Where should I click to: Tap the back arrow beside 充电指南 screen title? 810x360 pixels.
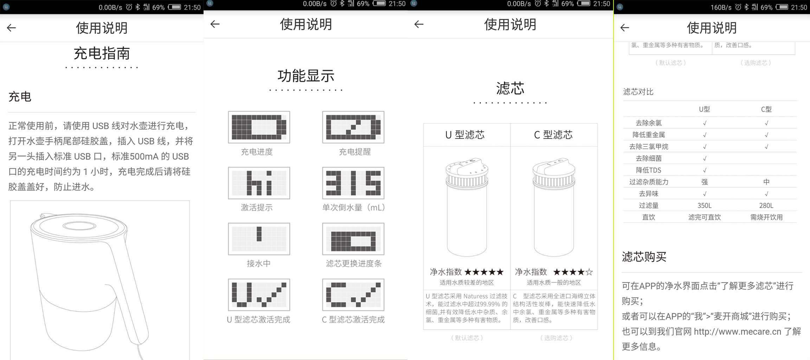tap(11, 28)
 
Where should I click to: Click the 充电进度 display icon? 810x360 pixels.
tap(259, 127)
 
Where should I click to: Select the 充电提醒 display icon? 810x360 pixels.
tap(353, 127)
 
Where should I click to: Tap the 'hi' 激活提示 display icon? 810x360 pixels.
tap(259, 183)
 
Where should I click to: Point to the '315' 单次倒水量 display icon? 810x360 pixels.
tap(353, 183)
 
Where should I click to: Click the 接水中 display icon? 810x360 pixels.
tap(259, 239)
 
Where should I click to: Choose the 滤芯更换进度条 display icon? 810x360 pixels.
tap(353, 239)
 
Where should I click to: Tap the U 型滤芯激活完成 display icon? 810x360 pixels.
tap(259, 295)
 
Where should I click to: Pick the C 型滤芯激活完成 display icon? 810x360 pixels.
tap(353, 295)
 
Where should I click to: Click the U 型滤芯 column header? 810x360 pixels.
tap(465, 135)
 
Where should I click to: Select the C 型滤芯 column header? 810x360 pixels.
tap(553, 135)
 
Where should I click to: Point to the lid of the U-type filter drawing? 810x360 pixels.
tap(467, 167)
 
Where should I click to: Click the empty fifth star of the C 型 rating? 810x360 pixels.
tap(590, 272)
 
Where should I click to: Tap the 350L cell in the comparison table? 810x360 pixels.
tap(705, 206)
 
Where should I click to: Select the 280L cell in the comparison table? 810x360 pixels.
tap(766, 206)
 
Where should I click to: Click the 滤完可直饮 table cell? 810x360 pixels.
tap(705, 217)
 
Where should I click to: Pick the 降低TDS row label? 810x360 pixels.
tap(649, 170)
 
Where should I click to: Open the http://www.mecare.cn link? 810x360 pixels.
tap(737, 332)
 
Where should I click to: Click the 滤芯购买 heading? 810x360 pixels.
tap(644, 257)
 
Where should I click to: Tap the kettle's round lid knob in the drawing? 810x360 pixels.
tap(79, 226)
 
